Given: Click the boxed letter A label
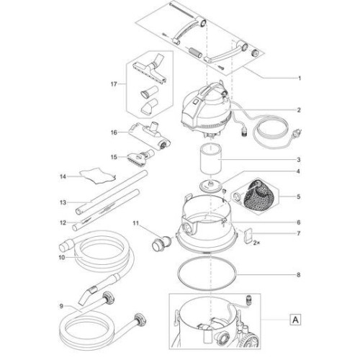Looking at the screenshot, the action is pos(295,320).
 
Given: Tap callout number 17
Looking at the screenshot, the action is pos(114,84).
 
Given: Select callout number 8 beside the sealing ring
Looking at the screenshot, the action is pos(298,274).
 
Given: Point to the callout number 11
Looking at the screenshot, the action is pos(136,223).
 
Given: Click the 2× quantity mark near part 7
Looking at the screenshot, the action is pos(256,243).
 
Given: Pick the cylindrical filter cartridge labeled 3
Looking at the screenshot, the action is pos(211,160).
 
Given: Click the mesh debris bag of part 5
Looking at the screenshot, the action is pos(256,194).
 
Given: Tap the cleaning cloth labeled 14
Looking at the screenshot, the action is pos(98,176).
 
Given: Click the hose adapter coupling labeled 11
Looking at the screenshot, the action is pos(161,243).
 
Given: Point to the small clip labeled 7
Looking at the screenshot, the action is pos(248,235).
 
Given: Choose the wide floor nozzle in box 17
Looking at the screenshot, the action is pos(150,71).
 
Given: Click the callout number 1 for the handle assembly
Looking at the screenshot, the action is pos(299,78).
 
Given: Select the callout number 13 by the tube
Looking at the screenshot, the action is pos(63,202).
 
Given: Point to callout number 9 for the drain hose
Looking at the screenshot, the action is pos(61,306).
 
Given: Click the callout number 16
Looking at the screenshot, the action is pos(114,132).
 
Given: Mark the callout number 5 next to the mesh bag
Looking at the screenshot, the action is pos(298,197).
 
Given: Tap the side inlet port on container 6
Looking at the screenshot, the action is pos(187,227).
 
